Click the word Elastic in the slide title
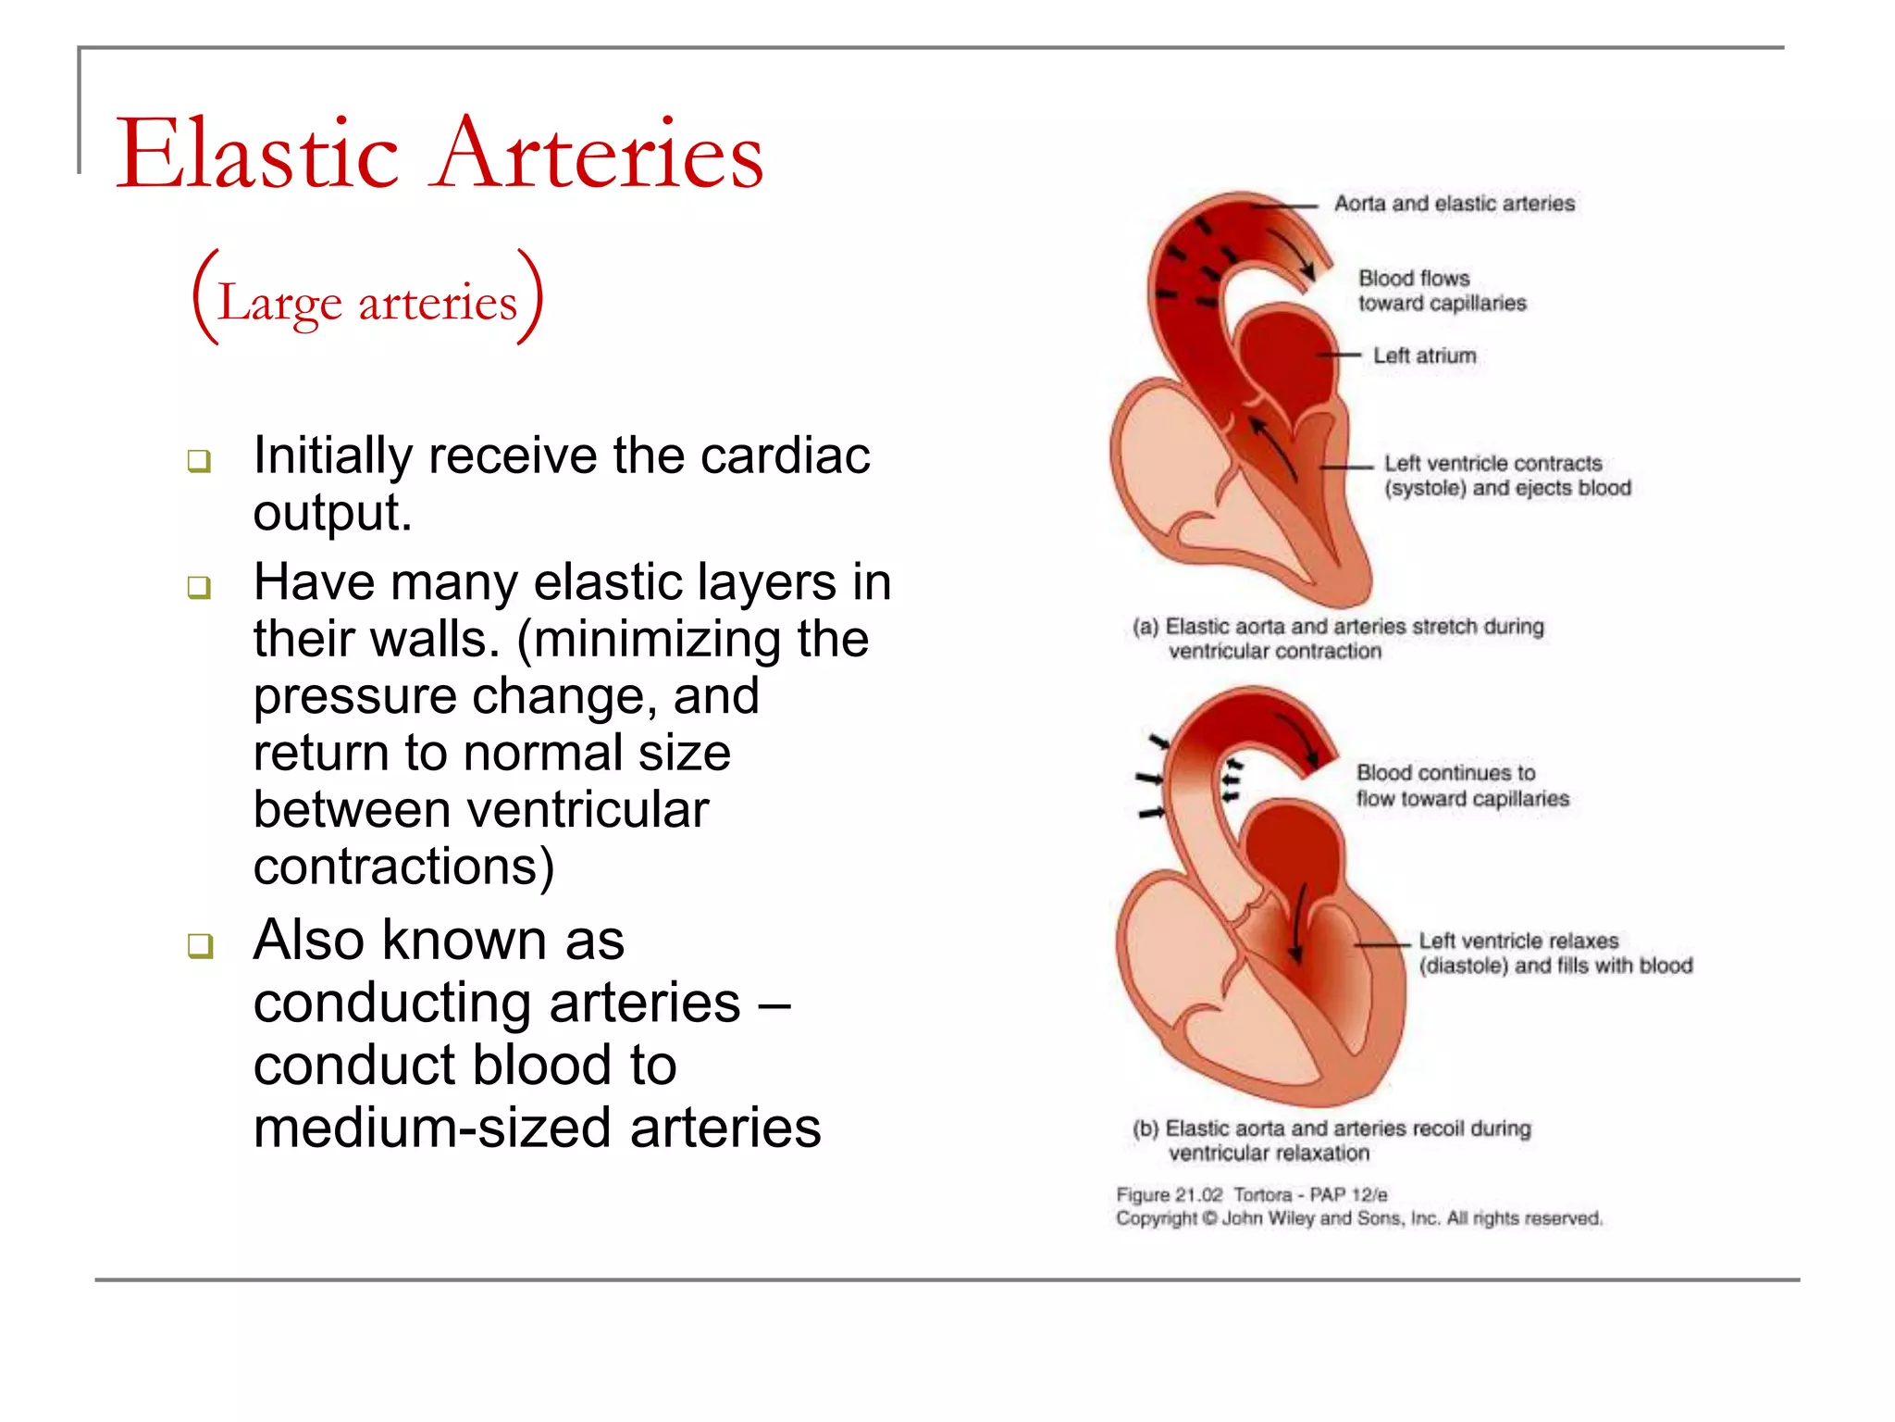click(x=257, y=154)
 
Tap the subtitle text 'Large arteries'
click(x=367, y=302)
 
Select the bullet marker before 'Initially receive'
click(x=199, y=460)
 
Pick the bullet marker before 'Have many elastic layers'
click(x=199, y=587)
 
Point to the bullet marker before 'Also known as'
click(x=199, y=945)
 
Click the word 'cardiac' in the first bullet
click(x=785, y=455)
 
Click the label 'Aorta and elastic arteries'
click(x=1454, y=204)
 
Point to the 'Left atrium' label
click(x=1424, y=355)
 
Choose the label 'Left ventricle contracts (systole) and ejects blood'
click(x=1506, y=476)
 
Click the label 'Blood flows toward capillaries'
click(x=1442, y=291)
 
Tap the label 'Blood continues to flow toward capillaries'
click(x=1462, y=786)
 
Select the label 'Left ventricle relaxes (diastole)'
click(x=1555, y=954)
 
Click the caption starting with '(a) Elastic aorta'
click(x=1337, y=639)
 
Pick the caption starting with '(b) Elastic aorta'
click(x=1331, y=1141)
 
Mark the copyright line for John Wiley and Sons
click(x=1358, y=1218)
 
